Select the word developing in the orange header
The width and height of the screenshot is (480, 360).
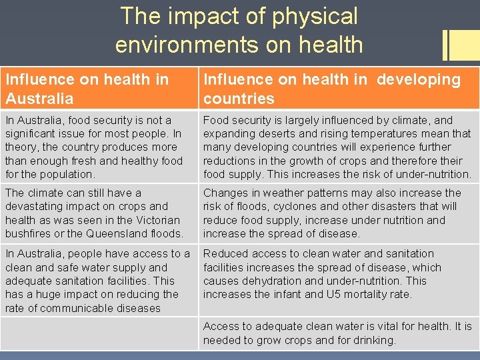pyautogui.click(x=419, y=79)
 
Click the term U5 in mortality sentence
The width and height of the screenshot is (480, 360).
pyautogui.click(x=333, y=294)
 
